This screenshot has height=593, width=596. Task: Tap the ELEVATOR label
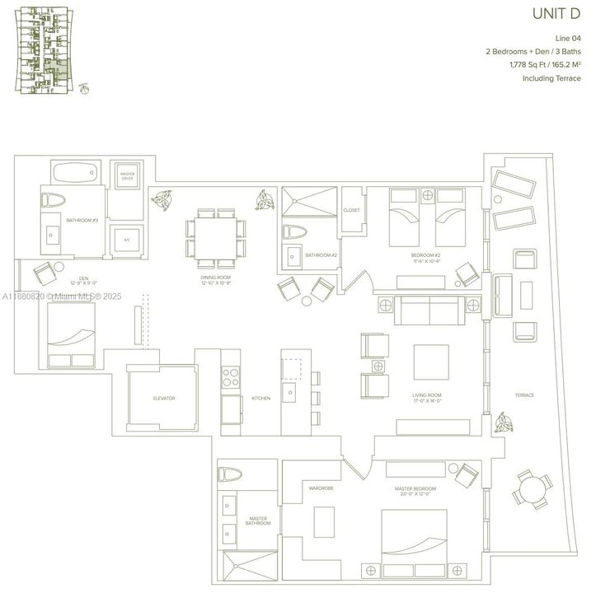click(x=164, y=399)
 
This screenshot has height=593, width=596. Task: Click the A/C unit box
click(x=127, y=240)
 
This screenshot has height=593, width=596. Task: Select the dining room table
click(x=217, y=236)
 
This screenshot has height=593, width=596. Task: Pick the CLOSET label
click(x=351, y=211)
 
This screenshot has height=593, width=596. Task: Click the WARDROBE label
click(x=320, y=488)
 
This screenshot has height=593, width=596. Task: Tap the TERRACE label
click(x=524, y=395)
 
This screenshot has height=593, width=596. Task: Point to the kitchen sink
click(x=290, y=393)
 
